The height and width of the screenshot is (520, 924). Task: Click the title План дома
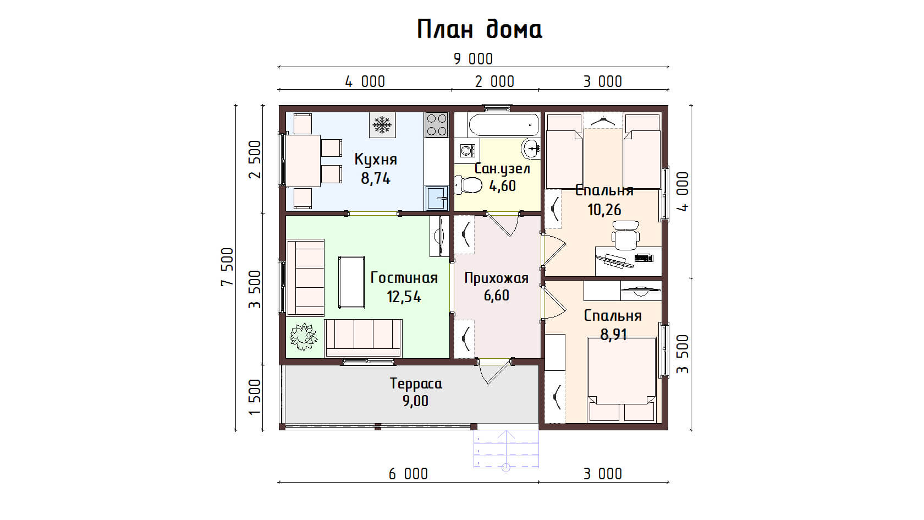coord(480,30)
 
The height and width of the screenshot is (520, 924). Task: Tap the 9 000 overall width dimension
coord(473,59)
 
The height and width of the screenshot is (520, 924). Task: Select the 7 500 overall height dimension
coord(227,266)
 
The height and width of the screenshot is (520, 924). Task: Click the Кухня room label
coord(376,160)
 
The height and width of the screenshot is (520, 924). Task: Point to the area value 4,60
coord(503,186)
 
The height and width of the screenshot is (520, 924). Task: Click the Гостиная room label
coord(404,278)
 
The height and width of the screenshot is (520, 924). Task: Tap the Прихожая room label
coord(497,278)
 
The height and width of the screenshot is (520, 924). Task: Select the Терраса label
coord(416,384)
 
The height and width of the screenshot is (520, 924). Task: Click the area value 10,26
coord(604,210)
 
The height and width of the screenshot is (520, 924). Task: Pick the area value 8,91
coord(613,335)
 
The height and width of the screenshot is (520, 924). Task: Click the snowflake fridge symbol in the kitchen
coord(382,124)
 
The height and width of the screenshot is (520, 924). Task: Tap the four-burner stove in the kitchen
coord(437,124)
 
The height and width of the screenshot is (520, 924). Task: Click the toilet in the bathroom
coord(468,185)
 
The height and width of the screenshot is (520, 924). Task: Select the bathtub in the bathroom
coord(504,124)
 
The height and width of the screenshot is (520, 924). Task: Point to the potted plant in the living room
coord(304,336)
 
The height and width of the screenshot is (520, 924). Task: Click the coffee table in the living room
coord(351,282)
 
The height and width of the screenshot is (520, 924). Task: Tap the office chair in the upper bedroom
coord(626,236)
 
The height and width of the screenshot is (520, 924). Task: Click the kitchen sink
coord(437,198)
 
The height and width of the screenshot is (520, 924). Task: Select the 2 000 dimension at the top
coord(494,81)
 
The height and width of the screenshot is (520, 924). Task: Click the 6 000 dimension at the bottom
coord(408,474)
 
